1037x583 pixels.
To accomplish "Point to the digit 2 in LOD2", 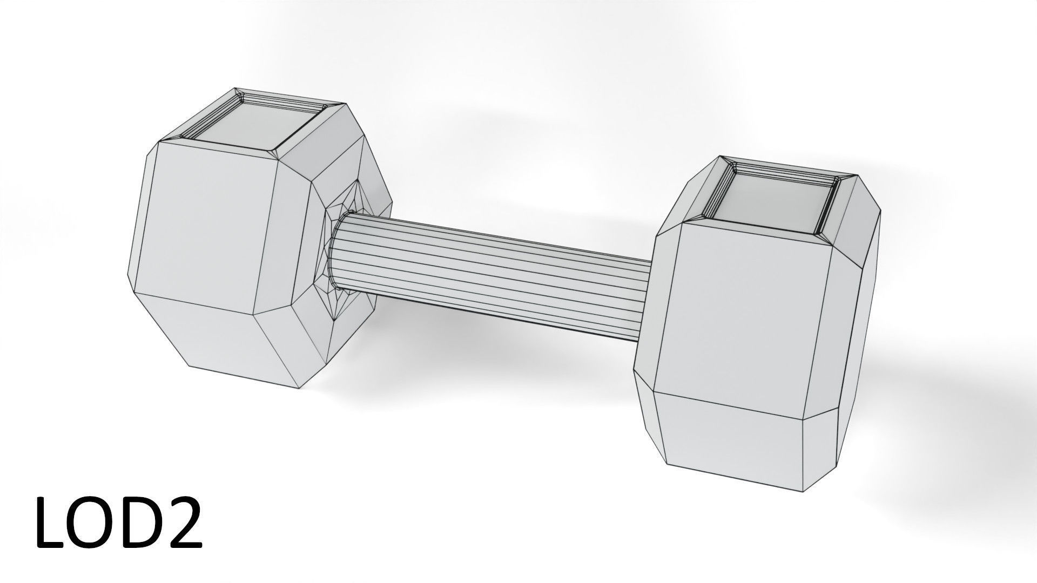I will coord(185,523).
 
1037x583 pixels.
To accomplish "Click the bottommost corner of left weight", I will coord(300,388).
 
